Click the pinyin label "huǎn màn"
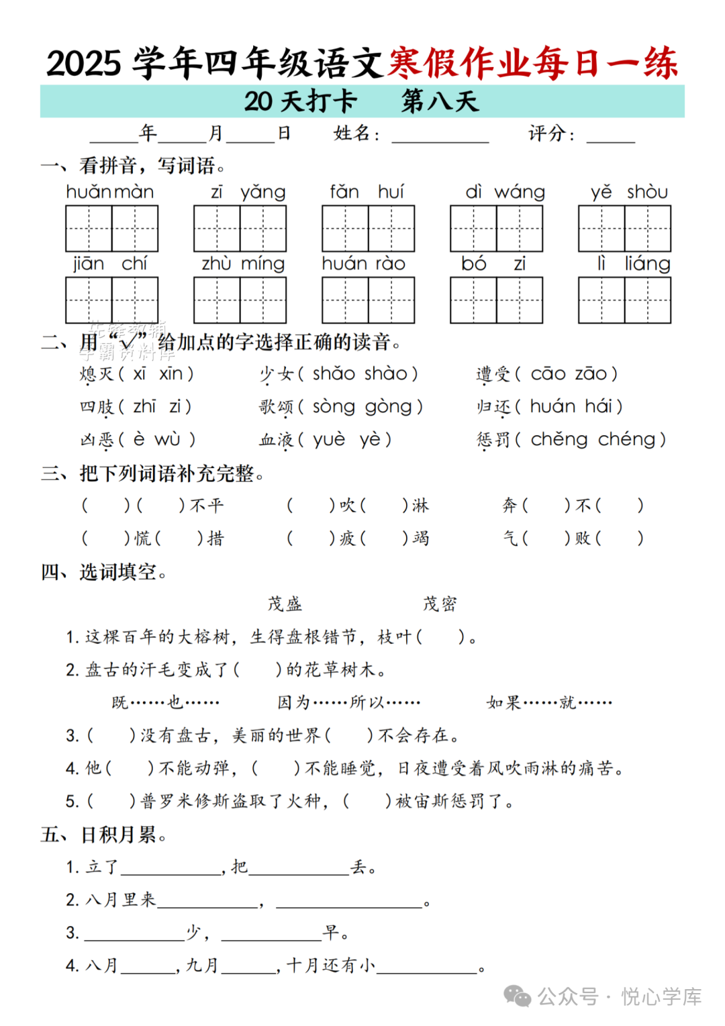(110, 193)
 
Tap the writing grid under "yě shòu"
(624, 228)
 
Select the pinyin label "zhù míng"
(243, 265)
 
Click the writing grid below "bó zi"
(496, 300)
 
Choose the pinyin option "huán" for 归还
(552, 407)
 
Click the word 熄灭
(97, 374)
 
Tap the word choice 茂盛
(285, 604)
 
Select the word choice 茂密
(440, 604)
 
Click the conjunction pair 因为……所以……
(348, 703)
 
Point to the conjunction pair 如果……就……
(549, 703)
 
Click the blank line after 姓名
(440, 137)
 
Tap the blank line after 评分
(610, 137)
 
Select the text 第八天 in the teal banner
(440, 102)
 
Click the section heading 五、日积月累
(103, 835)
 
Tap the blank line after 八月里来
(207, 902)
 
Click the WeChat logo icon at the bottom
(517, 996)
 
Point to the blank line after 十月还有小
(427, 968)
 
